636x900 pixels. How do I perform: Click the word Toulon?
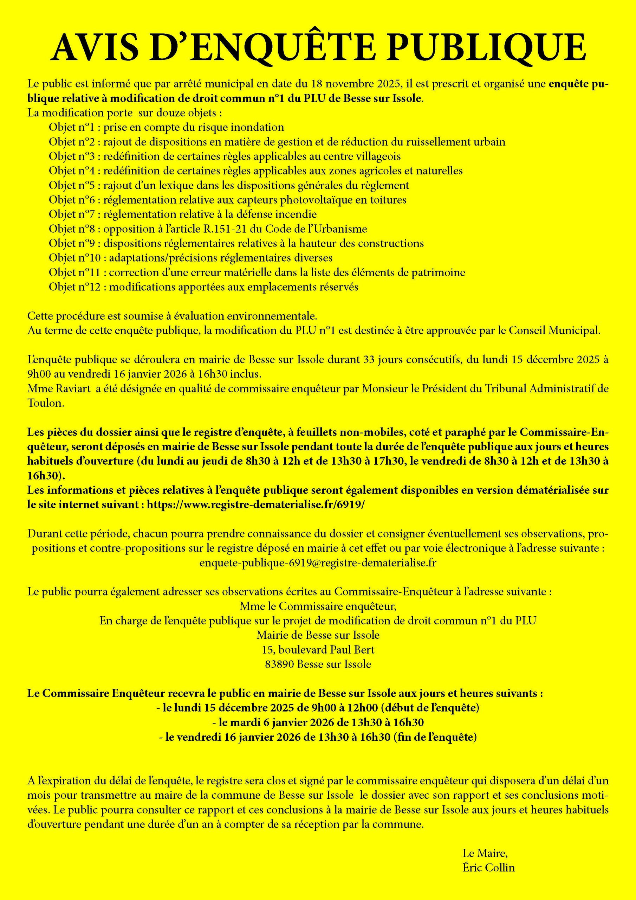click(x=45, y=403)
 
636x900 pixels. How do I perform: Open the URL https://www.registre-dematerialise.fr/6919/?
click(x=255, y=505)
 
